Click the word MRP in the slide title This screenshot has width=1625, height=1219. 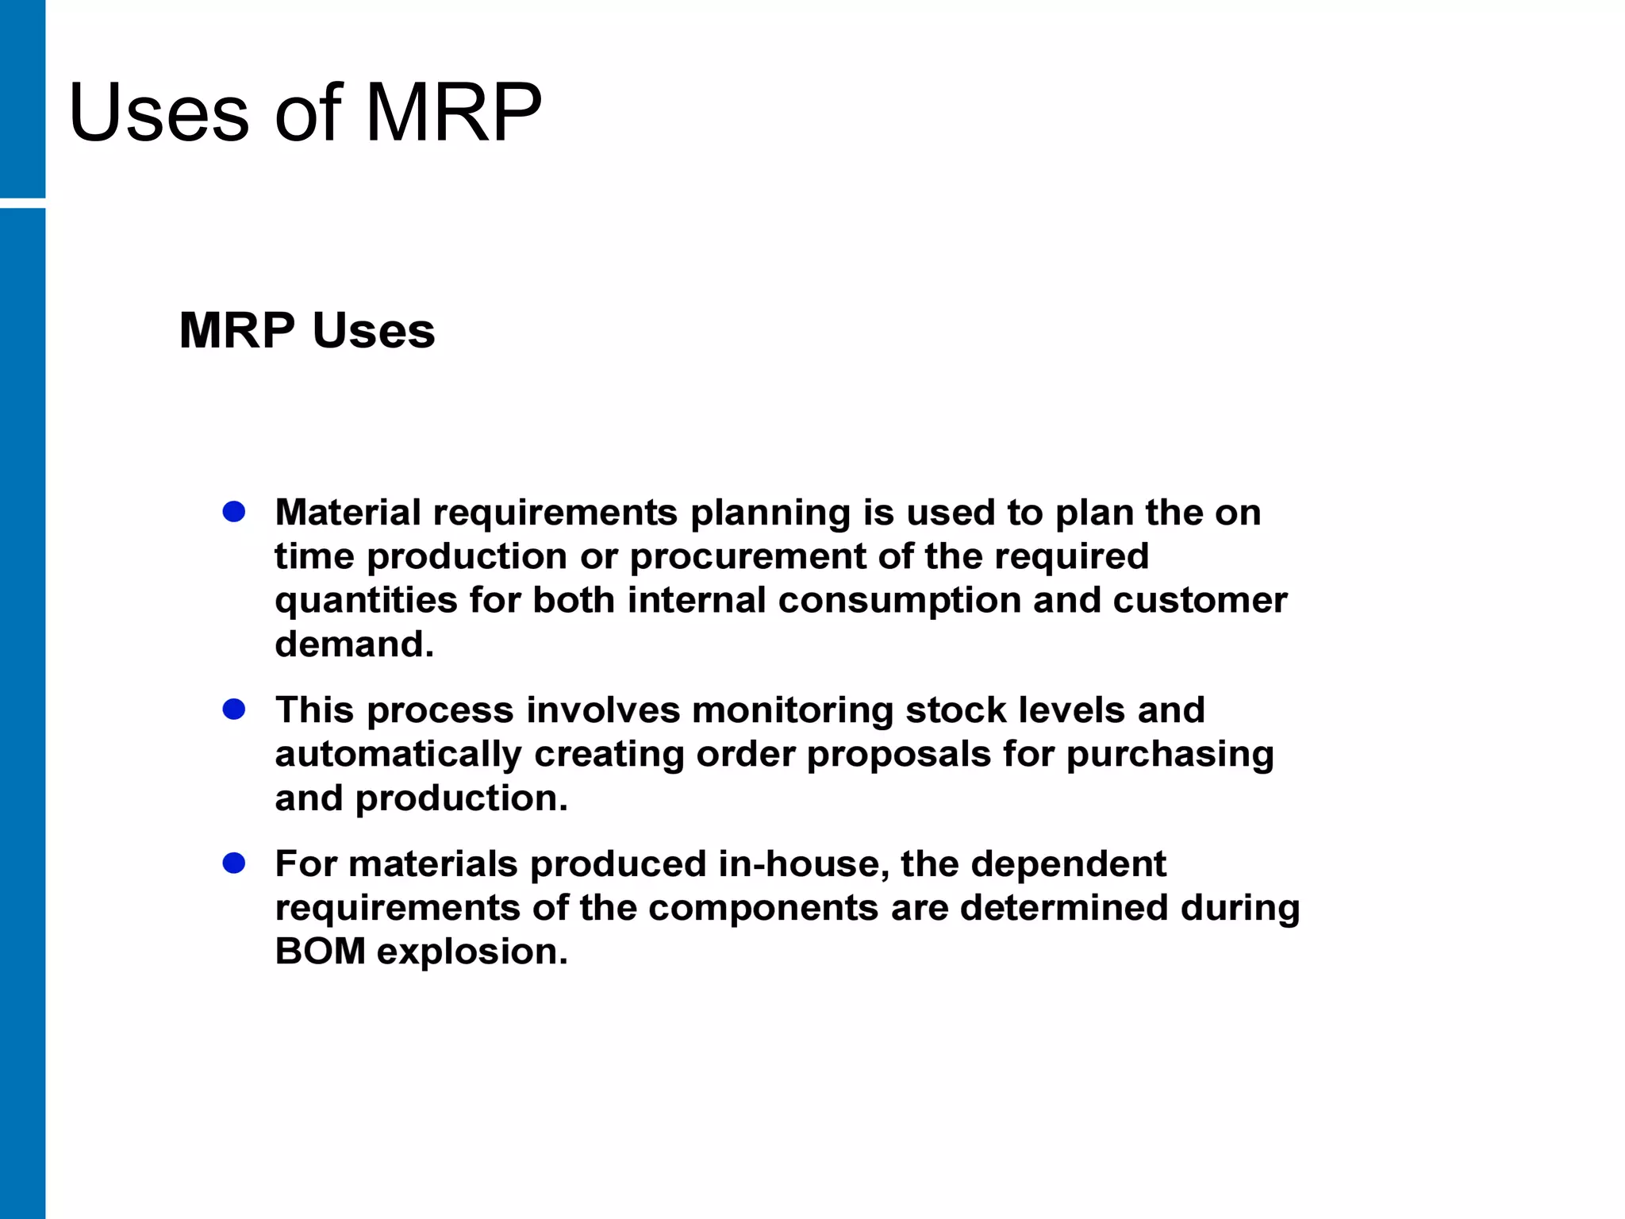(x=453, y=113)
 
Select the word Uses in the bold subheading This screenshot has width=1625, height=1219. (x=374, y=330)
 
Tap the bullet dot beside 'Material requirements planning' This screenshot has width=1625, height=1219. (x=234, y=512)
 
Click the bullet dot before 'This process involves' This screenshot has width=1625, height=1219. (x=234, y=709)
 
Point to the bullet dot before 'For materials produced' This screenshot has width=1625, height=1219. (x=234, y=863)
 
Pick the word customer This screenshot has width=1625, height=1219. (x=1200, y=600)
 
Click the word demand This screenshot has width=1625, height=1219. (x=354, y=644)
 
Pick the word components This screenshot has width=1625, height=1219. (x=763, y=908)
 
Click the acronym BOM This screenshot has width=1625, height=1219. (x=320, y=952)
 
